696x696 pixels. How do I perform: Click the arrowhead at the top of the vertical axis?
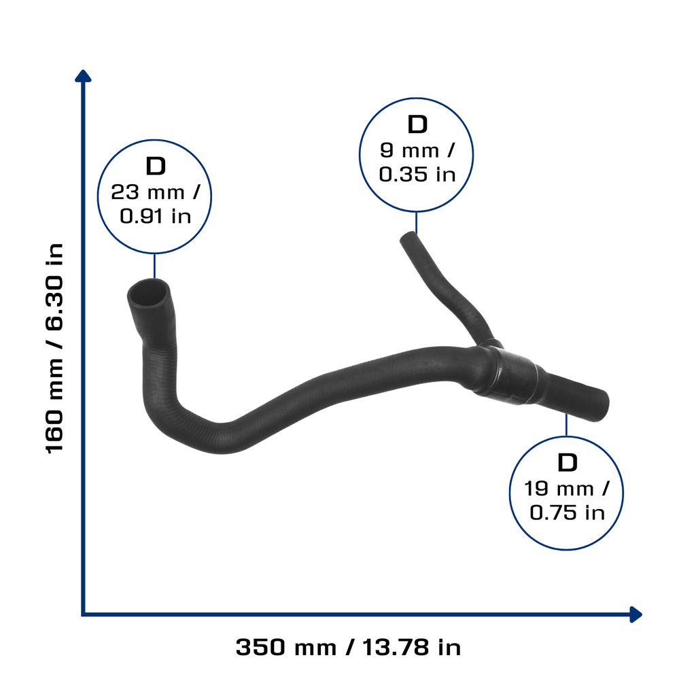(83, 76)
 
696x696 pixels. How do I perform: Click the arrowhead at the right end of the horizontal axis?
(636, 614)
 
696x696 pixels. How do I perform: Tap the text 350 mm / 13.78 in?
(348, 647)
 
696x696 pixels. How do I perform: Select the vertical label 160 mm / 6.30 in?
(54, 349)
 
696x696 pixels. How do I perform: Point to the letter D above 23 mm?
(156, 166)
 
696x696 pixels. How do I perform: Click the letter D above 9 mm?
(417, 124)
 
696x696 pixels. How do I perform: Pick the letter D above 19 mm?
(568, 462)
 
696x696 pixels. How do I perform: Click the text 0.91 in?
(156, 216)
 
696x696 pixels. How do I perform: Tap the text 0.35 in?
(417, 175)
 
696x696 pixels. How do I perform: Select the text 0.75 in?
(568, 512)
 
